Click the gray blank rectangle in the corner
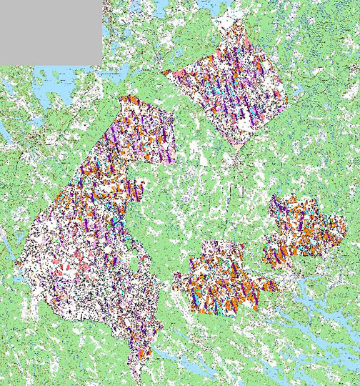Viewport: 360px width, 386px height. pos(51,31)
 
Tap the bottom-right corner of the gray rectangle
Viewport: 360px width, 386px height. pos(102,64)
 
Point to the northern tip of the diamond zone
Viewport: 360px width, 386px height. pos(240,22)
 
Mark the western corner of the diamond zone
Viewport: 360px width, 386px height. pos(164,72)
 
